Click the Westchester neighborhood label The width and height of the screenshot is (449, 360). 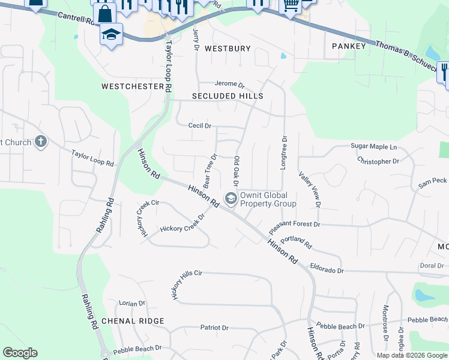coord(132,86)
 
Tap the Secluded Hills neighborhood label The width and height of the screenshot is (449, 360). coord(228,96)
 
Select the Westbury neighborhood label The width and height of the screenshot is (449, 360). coord(228,48)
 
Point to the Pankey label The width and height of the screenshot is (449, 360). coord(349,46)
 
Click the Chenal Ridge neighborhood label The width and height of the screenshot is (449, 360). coord(133,321)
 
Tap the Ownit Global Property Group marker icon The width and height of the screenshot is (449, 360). coord(231,199)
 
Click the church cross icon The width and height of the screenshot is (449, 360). coord(40,142)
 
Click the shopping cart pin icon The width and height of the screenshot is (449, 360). coord(291,5)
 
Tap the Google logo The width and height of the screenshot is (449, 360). coord(20,353)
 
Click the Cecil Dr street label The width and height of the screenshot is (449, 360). coord(200,125)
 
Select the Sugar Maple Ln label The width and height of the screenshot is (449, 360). coord(374,146)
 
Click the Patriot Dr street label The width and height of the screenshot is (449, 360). coord(214,328)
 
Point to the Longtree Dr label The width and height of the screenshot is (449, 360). coord(283,152)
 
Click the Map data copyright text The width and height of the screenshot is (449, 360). coord(411,355)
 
